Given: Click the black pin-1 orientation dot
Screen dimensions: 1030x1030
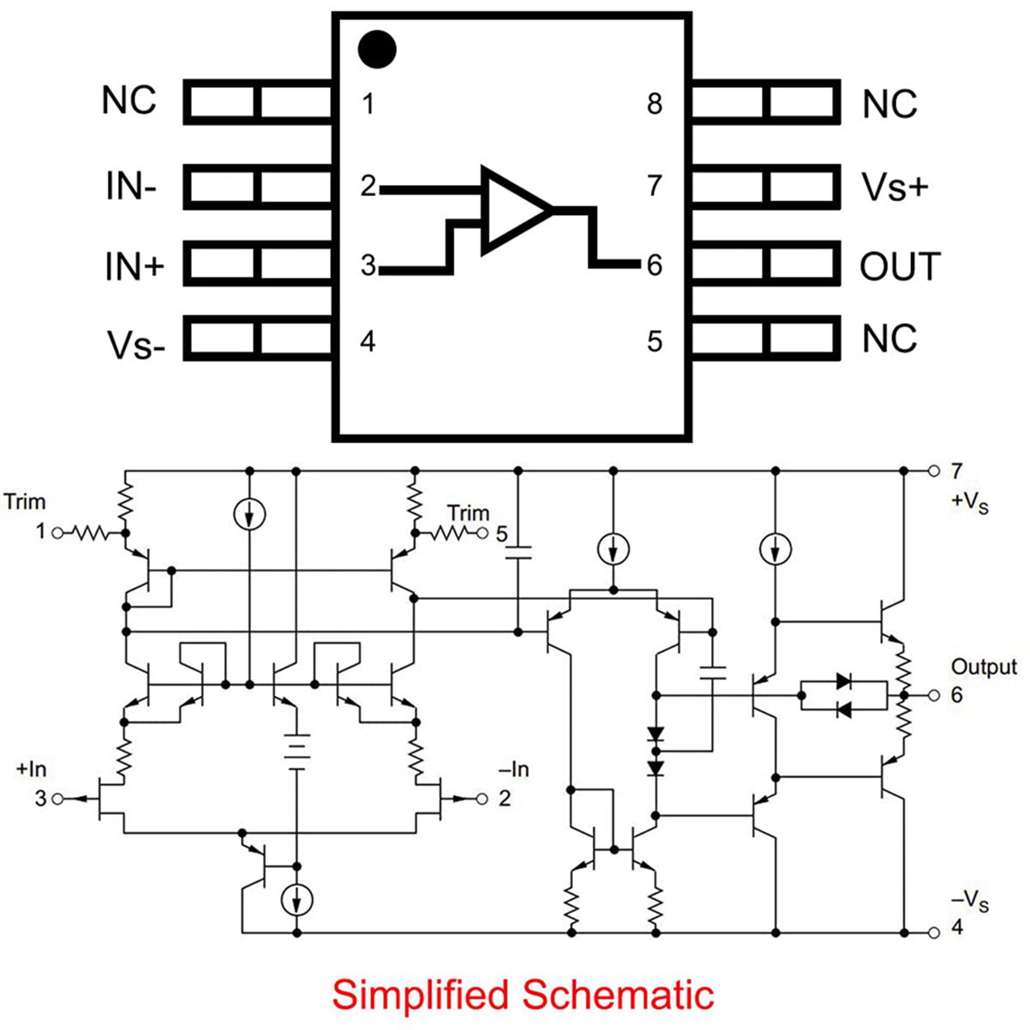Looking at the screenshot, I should pyautogui.click(x=377, y=49).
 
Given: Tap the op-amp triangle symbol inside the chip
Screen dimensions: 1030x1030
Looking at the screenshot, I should pyautogui.click(x=512, y=210).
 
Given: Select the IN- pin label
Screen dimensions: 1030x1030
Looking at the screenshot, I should pyautogui.click(x=131, y=186).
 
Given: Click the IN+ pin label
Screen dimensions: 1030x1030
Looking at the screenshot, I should pyautogui.click(x=134, y=266).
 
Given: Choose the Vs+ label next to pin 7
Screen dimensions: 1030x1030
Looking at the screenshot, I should pyautogui.click(x=894, y=187).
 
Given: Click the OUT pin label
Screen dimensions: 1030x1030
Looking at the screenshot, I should pyautogui.click(x=900, y=266).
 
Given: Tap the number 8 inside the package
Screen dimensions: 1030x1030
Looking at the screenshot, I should pyautogui.click(x=654, y=104).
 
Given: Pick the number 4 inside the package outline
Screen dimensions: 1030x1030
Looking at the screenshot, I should pyautogui.click(x=367, y=341).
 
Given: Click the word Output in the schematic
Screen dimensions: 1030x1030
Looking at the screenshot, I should pyautogui.click(x=983, y=666).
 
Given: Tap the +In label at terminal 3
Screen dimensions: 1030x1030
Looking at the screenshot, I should pyautogui.click(x=31, y=769).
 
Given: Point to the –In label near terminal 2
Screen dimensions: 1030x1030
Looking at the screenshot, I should pyautogui.click(x=513, y=769).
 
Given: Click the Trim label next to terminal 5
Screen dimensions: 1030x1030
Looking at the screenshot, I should pyautogui.click(x=468, y=513).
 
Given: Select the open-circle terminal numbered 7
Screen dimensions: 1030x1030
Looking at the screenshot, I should pyautogui.click(x=934, y=471).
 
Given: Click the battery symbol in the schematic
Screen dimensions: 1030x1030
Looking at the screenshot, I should pyautogui.click(x=296, y=751).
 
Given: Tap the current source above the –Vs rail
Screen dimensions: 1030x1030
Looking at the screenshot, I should pyautogui.click(x=296, y=900).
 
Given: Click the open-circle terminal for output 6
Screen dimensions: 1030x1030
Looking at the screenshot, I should pyautogui.click(x=934, y=695).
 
